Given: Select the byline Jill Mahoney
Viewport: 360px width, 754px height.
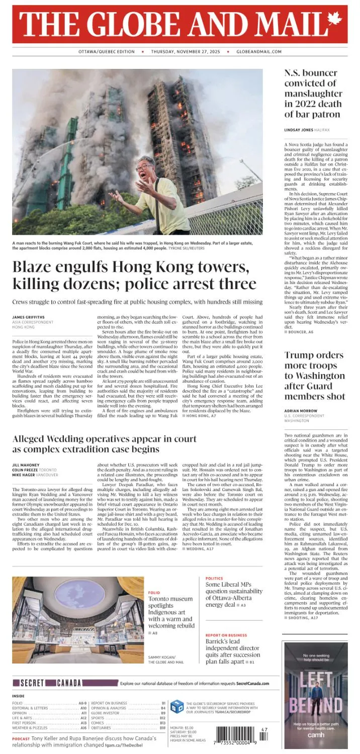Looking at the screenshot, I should (x=26, y=465).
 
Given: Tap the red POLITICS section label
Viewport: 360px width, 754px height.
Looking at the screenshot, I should (x=214, y=579).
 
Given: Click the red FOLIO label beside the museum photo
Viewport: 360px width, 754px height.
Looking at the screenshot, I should (x=154, y=593).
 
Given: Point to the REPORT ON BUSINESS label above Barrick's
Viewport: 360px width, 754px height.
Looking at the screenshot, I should (x=226, y=635).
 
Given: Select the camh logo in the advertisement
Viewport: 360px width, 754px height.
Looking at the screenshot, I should (x=316, y=734).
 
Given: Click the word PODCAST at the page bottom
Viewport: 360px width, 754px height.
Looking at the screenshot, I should (x=21, y=739).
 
